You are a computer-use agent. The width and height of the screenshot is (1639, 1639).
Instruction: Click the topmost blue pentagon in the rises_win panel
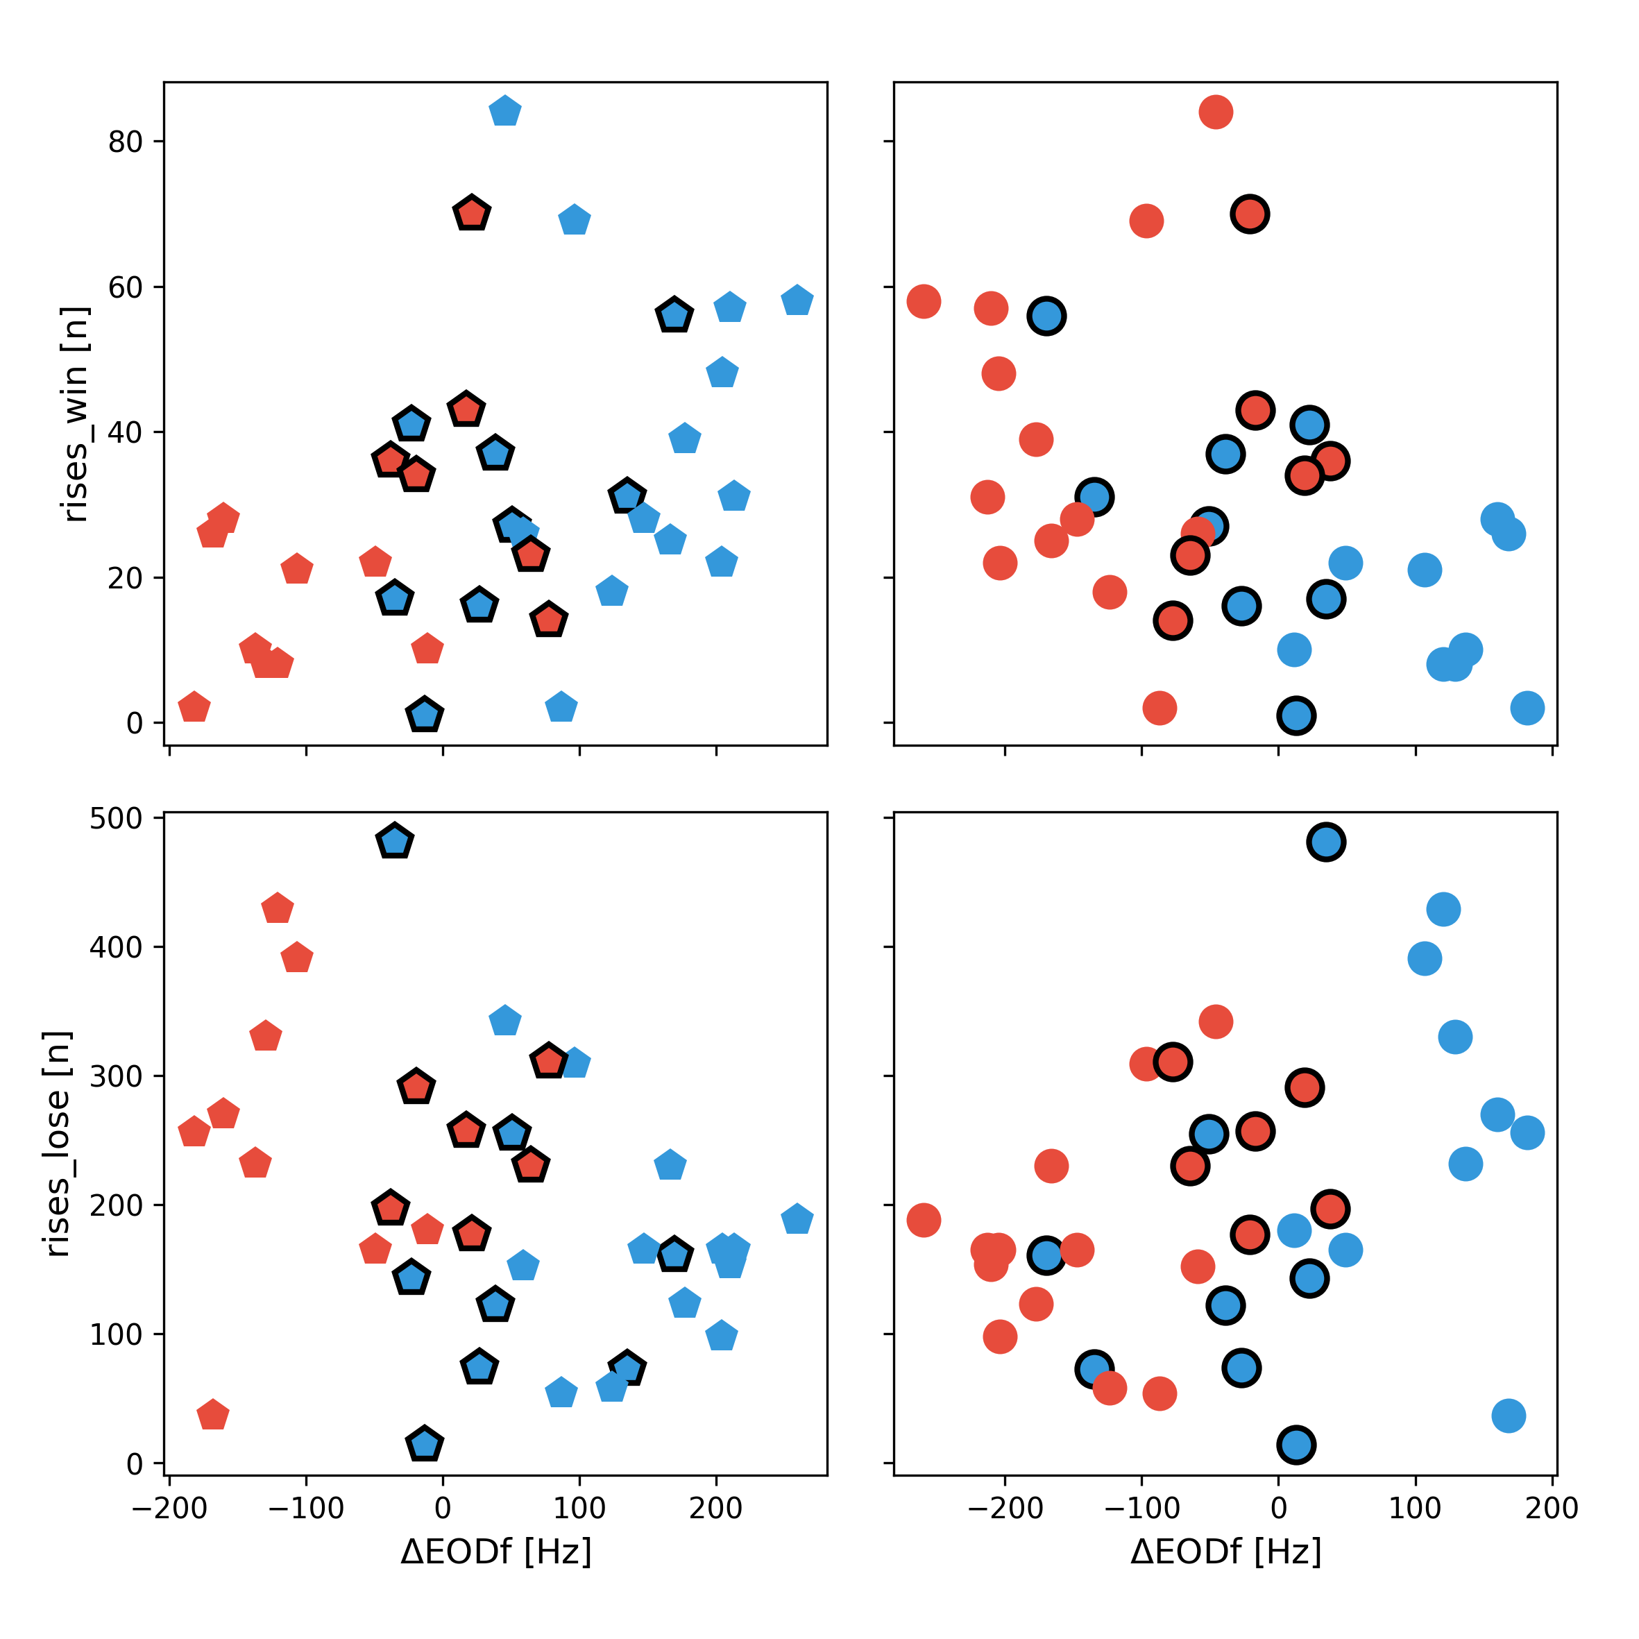point(504,111)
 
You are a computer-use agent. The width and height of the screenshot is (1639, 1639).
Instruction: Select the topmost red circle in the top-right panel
point(1216,111)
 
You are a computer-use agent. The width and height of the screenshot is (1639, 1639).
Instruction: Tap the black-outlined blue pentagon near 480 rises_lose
point(393,842)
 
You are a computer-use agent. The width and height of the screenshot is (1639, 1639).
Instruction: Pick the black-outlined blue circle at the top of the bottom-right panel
point(1326,842)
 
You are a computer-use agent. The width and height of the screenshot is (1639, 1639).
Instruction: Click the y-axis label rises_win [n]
point(75,414)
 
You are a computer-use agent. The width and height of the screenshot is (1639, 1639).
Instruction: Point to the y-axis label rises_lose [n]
point(57,1144)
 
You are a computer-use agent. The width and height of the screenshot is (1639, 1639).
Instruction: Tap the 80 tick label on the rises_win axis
point(125,142)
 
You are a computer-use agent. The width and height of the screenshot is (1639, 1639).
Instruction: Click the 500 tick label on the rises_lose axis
point(115,819)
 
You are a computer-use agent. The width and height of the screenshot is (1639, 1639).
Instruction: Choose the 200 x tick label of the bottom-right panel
point(1552,1508)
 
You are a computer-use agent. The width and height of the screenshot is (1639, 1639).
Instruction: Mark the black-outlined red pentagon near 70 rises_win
point(472,214)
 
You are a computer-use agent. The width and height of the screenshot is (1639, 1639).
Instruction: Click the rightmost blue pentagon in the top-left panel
point(797,300)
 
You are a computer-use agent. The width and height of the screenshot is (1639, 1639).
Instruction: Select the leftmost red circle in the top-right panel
point(923,300)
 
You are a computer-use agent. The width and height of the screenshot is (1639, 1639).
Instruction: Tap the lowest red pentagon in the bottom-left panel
point(212,1415)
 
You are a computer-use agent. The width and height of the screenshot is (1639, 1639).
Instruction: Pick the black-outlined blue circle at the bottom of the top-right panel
point(1296,715)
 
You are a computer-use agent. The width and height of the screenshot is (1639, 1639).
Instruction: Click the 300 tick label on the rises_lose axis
point(115,1076)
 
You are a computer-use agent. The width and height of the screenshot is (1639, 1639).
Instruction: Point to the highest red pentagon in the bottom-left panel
point(278,908)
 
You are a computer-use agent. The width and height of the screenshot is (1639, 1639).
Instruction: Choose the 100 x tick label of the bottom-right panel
point(1415,1508)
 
